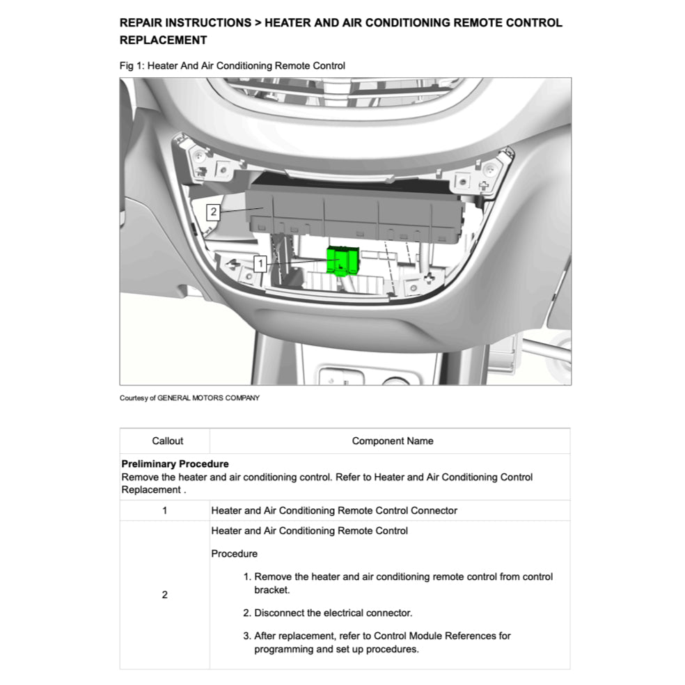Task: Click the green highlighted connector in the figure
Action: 342,261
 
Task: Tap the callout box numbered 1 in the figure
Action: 260,264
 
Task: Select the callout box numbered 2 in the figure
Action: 213,211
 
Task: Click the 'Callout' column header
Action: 167,441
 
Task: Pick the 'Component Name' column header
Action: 392,441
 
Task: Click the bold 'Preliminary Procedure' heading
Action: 175,464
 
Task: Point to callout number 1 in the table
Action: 164,510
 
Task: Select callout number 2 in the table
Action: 164,595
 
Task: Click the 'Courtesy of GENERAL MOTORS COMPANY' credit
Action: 189,398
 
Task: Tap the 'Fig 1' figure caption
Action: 233,66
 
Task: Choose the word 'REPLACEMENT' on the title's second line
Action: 163,40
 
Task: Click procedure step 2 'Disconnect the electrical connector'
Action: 332,613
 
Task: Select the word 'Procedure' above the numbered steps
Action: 234,554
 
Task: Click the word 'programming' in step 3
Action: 285,649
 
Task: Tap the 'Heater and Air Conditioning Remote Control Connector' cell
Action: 334,510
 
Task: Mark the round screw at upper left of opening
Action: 199,153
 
